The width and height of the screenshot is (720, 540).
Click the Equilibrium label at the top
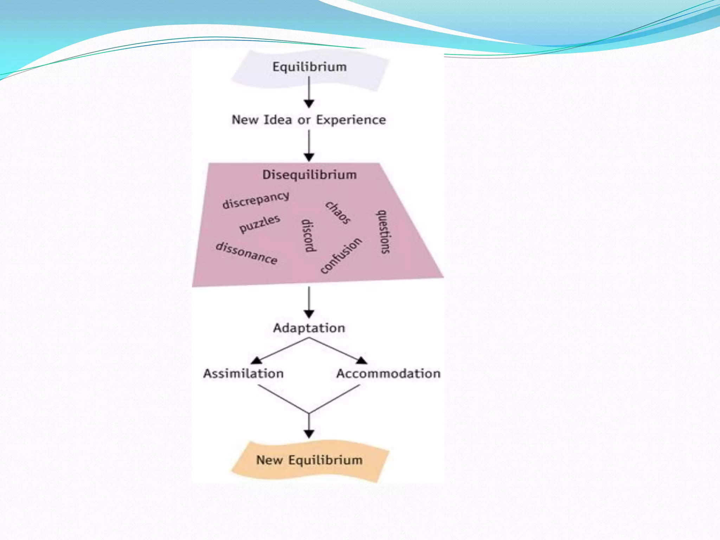pos(309,67)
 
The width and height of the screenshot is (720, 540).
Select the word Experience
pos(351,120)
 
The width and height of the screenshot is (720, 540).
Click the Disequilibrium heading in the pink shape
pos(309,175)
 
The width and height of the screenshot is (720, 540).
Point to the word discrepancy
pos(256,200)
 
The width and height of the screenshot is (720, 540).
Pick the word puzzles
pos(260,224)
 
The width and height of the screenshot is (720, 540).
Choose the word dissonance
pos(246,253)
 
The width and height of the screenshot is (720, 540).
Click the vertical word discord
pos(308,236)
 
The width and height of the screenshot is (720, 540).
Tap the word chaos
pos(338,212)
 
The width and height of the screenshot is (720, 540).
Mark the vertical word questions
pos(384,232)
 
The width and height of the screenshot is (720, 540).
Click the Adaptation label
pos(309,328)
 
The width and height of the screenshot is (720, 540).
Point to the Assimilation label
pos(243,373)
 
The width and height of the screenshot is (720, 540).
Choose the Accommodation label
pos(388,373)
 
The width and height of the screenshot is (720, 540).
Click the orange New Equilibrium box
pos(309,460)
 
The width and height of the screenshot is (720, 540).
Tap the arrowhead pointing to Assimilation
pos(256,360)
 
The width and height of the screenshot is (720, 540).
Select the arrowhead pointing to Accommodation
pos(362,360)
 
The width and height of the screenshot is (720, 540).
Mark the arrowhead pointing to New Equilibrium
pos(309,434)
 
